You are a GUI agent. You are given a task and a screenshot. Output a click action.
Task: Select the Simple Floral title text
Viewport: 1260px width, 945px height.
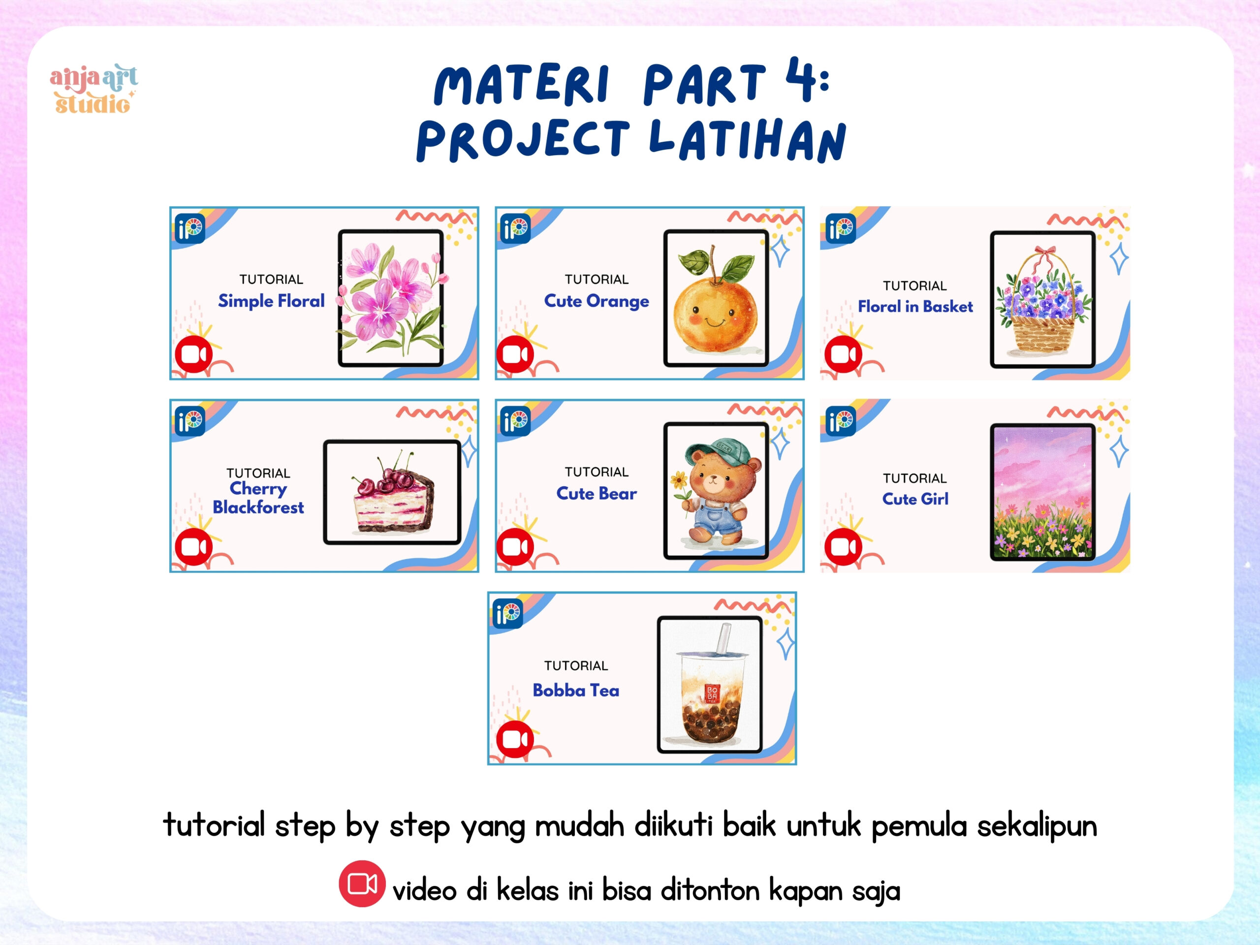click(271, 301)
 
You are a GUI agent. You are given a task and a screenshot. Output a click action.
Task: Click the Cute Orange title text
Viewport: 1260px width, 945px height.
click(597, 301)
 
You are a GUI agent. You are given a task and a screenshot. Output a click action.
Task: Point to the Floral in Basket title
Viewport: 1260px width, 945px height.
click(915, 307)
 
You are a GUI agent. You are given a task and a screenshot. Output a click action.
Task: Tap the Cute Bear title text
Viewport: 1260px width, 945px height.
click(597, 493)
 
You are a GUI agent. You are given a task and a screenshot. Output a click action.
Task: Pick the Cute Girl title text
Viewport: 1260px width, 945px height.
click(915, 499)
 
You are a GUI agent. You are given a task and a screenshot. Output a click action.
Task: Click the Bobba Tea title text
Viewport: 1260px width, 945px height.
click(576, 691)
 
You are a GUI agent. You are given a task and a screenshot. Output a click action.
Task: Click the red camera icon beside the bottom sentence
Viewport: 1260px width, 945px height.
click(362, 883)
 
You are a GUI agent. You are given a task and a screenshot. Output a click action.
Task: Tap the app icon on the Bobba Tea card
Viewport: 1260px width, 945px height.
click(508, 613)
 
